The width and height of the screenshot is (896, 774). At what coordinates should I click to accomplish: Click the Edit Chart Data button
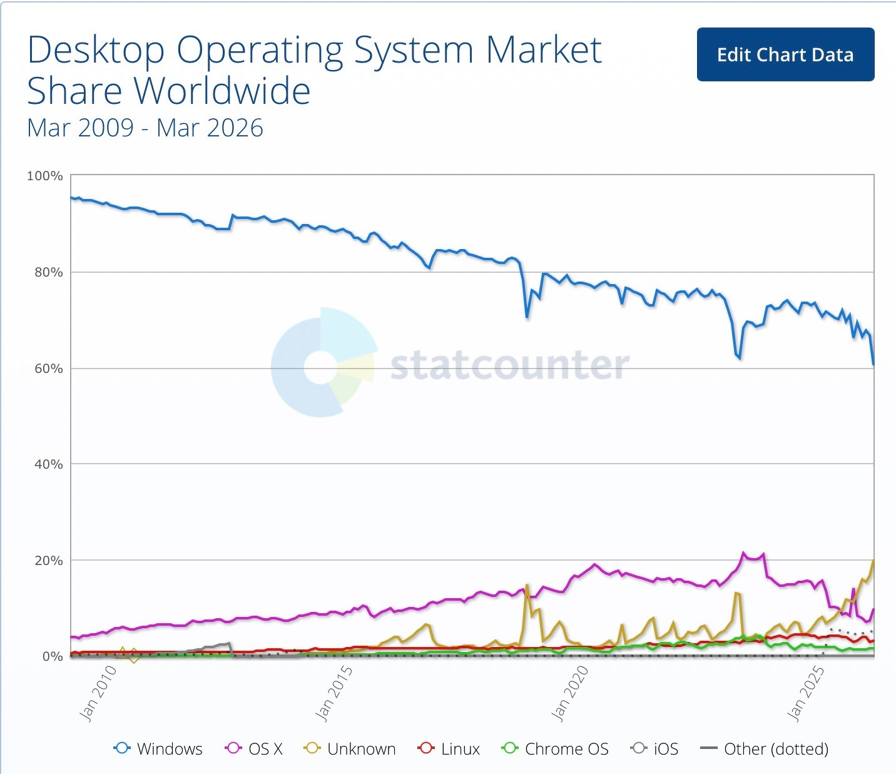point(785,54)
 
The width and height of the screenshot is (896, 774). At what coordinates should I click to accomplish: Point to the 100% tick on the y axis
point(45,176)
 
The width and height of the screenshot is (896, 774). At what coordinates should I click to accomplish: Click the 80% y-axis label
point(48,272)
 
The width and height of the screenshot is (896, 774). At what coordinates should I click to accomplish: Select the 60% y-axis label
point(48,369)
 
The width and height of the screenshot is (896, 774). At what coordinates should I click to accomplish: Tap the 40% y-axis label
point(48,464)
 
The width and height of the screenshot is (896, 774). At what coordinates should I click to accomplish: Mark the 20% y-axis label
point(48,561)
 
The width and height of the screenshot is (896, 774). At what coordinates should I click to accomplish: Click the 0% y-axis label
point(52,656)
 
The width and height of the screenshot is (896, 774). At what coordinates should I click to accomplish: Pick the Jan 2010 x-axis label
point(99,693)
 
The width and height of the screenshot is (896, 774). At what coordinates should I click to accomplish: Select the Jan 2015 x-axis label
point(334,693)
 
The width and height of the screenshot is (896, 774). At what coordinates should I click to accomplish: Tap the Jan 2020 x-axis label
point(570,693)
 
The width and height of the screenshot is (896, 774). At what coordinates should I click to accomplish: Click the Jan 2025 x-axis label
point(806,693)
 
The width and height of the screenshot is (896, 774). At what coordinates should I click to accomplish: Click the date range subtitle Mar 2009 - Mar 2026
point(145,128)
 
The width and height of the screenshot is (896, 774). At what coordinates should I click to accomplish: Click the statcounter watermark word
point(509,365)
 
